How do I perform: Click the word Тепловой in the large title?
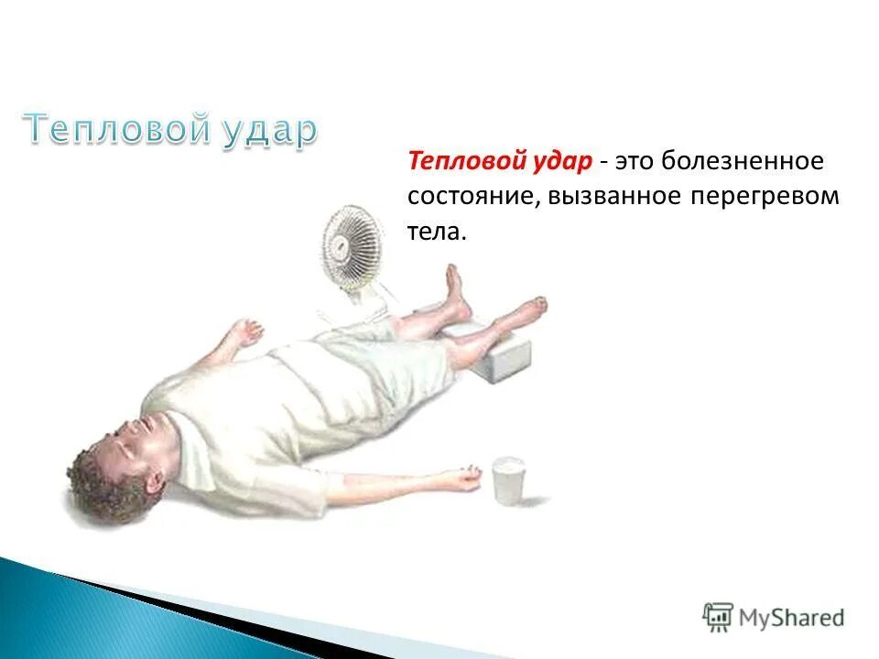tap(116, 129)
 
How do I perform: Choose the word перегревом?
tap(765, 197)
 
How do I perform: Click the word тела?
tap(436, 232)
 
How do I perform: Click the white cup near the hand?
tap(507, 480)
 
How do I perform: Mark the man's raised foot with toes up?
tap(454, 286)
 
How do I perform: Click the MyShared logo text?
tap(791, 618)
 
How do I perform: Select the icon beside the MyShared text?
tap(719, 618)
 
